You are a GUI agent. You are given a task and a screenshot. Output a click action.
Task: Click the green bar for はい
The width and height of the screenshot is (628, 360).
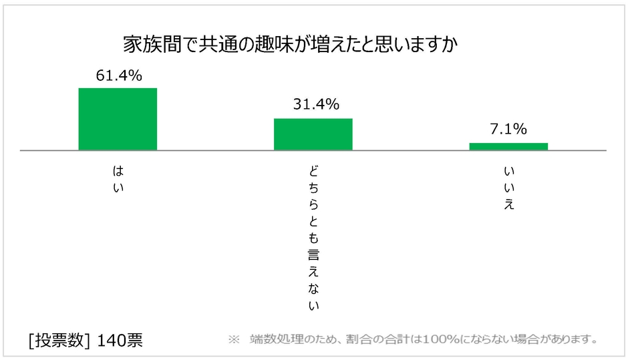click(x=118, y=119)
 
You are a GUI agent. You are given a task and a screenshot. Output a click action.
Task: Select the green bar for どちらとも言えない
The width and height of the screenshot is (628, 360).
click(x=313, y=134)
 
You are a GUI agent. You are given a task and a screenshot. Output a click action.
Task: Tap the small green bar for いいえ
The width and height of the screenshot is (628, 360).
click(x=508, y=146)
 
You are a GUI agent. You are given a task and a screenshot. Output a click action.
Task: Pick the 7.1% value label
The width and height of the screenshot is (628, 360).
click(x=508, y=130)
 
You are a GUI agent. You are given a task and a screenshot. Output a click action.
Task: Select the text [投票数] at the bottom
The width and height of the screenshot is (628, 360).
click(x=59, y=340)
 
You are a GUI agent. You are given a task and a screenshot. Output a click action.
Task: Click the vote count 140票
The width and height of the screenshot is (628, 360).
click(x=120, y=340)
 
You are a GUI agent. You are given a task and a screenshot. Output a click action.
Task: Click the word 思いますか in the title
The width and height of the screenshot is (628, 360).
click(x=415, y=45)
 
